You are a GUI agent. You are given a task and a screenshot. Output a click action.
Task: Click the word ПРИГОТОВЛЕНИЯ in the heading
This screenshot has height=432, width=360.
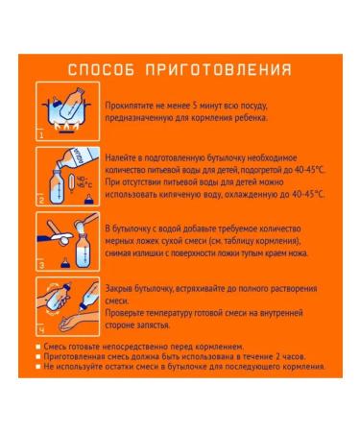click(217, 70)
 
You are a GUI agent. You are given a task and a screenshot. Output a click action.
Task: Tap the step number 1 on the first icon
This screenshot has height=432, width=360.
click(41, 133)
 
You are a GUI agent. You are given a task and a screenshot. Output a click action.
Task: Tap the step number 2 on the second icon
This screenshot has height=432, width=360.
click(41, 200)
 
